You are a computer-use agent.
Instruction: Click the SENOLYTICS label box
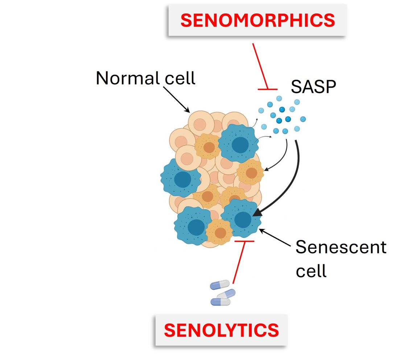click(221, 330)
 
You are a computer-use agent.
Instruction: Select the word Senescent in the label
click(341, 247)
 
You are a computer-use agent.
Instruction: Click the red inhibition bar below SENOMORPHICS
click(268, 89)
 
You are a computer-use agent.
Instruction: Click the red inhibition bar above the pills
click(244, 241)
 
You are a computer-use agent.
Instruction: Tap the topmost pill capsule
click(220, 285)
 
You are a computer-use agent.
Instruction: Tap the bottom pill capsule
click(221, 302)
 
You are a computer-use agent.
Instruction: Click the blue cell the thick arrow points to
click(241, 218)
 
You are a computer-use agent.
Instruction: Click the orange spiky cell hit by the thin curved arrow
click(250, 173)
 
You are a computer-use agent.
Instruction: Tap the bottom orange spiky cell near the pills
click(219, 231)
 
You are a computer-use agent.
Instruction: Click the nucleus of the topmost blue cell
click(240, 145)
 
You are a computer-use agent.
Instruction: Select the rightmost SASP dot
click(303, 119)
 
